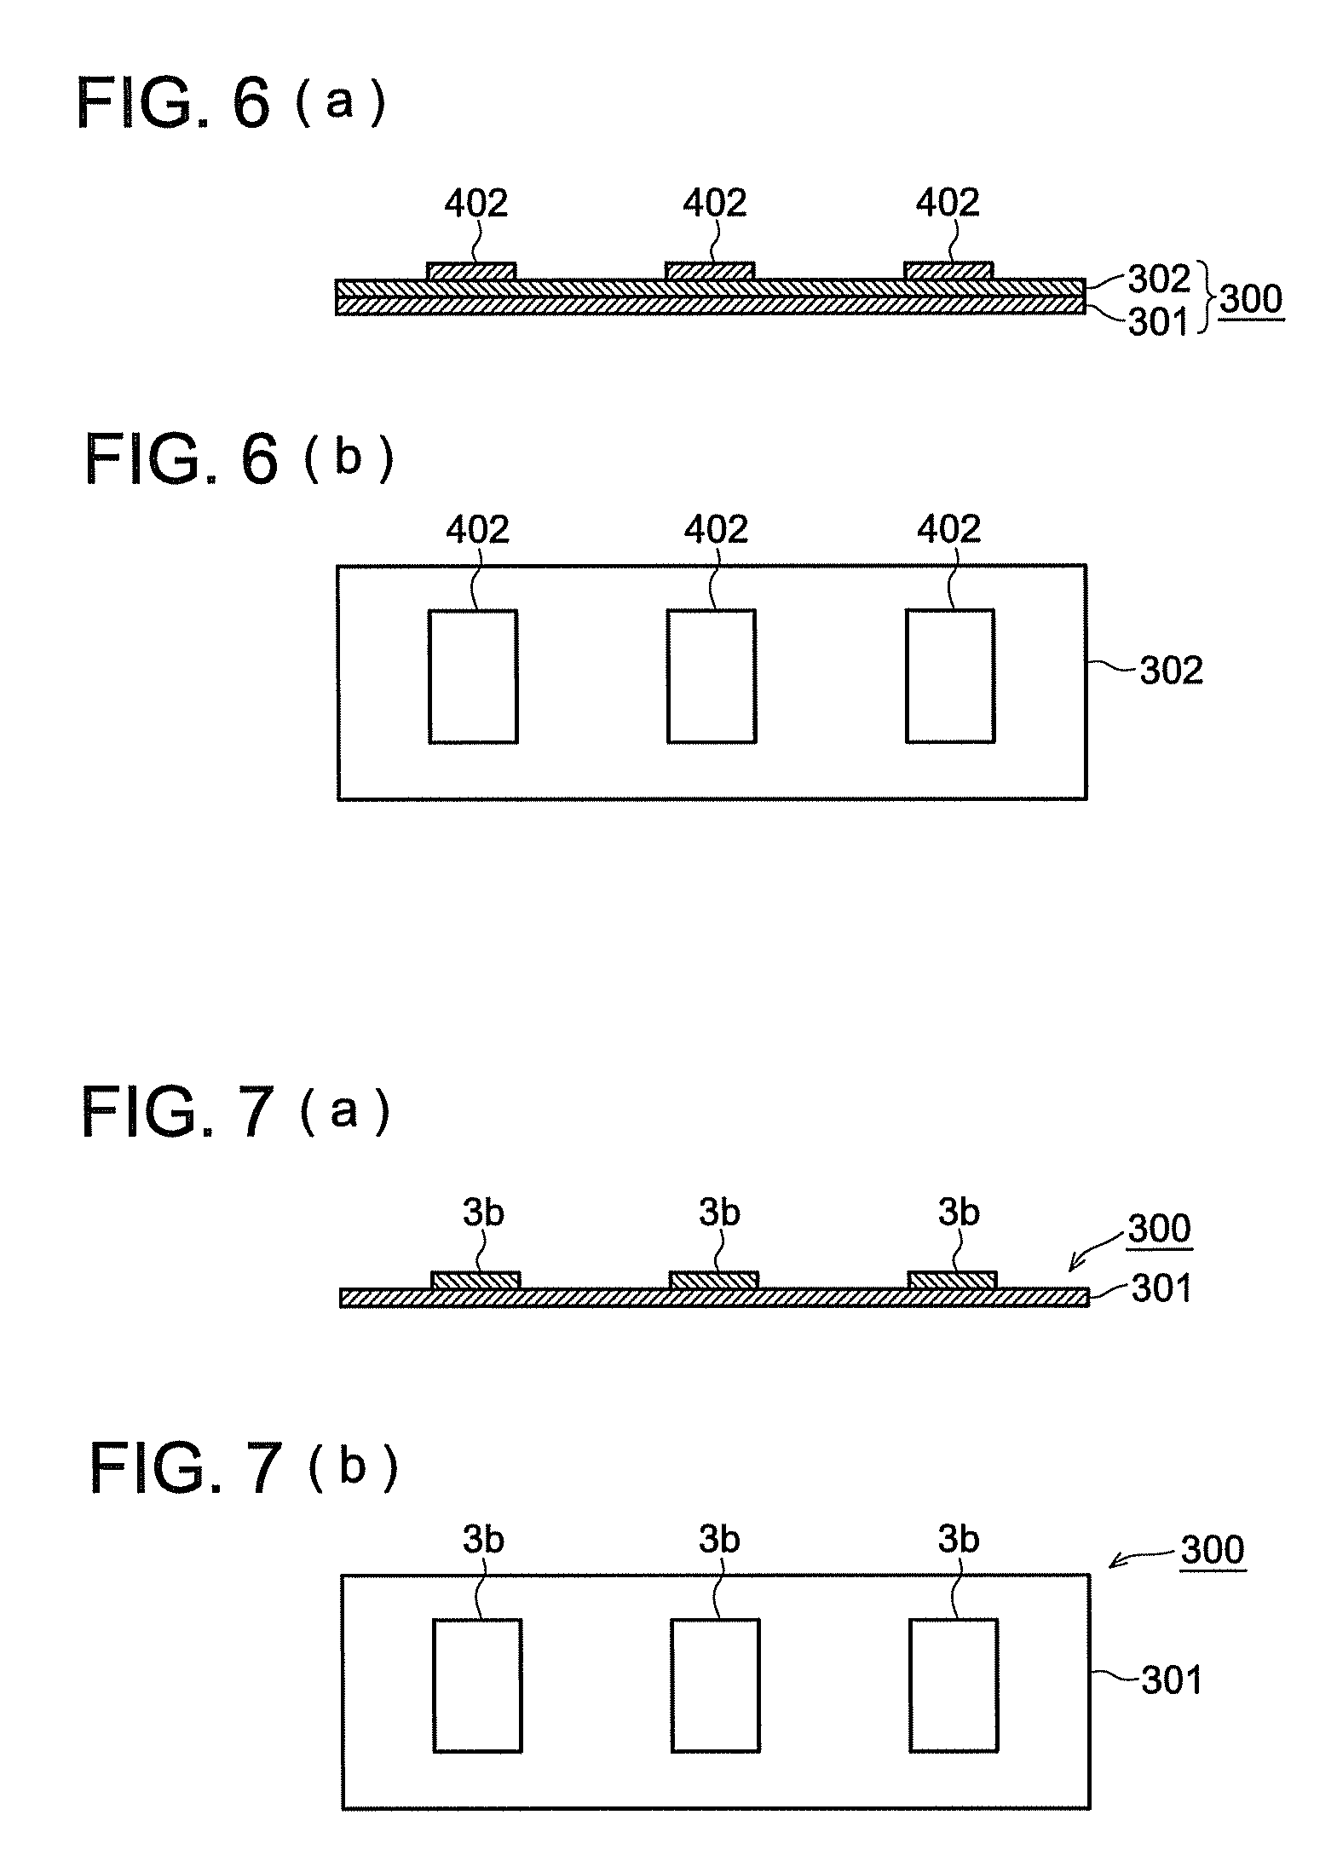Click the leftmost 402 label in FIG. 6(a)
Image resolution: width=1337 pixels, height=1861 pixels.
(476, 204)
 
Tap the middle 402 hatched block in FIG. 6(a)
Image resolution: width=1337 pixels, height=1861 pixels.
(709, 271)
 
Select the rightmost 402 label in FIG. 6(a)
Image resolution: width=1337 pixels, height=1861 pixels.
(948, 204)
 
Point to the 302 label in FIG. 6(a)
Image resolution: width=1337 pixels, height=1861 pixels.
(1158, 279)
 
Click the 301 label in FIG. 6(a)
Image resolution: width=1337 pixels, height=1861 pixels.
(1158, 323)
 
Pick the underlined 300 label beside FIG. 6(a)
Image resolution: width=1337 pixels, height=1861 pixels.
(1250, 300)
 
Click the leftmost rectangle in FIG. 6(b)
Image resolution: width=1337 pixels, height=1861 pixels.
(472, 676)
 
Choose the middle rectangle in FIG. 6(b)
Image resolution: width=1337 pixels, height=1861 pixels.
(711, 676)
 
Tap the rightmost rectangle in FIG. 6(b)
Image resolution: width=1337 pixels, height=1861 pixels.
(949, 676)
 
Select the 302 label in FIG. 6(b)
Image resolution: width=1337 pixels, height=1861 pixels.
(1172, 671)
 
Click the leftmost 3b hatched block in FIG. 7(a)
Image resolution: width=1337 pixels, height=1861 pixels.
(475, 1280)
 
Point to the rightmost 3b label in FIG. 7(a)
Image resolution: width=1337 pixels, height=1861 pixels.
(959, 1212)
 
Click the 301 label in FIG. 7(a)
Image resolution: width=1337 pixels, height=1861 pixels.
(1161, 1290)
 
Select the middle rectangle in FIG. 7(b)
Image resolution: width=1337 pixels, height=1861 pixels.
(715, 1685)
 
